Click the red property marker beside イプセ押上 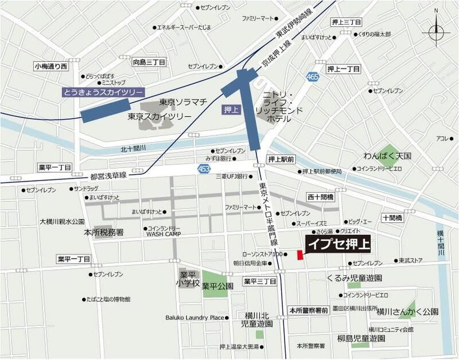click(x=299, y=255)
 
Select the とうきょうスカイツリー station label click(x=104, y=92)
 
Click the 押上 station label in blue click(x=228, y=108)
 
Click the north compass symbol click(x=435, y=32)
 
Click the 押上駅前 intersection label click(x=281, y=159)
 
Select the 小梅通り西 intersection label click(x=51, y=67)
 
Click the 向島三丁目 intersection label click(x=149, y=61)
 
